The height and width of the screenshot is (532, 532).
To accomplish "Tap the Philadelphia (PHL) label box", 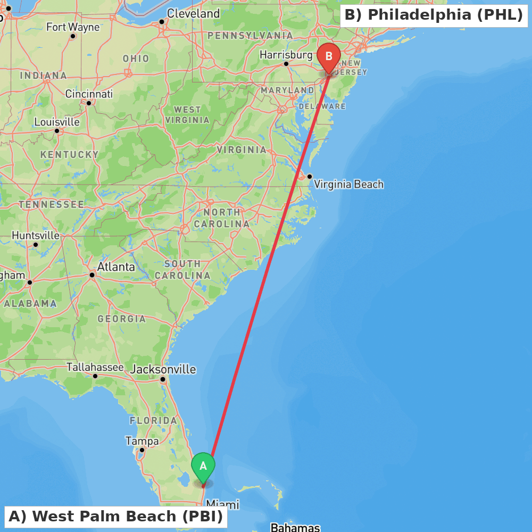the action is (434, 15).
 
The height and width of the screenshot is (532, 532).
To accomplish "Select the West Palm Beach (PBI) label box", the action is (115, 517).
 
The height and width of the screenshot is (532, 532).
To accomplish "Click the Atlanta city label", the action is (116, 267).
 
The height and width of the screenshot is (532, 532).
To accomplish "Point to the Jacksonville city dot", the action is (163, 379).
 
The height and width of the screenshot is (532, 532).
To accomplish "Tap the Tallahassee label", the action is (95, 367).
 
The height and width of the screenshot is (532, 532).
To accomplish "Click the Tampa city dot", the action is (142, 450).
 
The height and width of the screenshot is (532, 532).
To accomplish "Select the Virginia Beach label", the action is (348, 185).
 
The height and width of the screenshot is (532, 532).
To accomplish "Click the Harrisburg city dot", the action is (286, 64).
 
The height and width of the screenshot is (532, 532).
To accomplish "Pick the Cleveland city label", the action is (193, 14).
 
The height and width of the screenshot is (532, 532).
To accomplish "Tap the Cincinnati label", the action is (89, 94).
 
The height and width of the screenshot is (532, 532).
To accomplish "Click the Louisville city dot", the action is (57, 131).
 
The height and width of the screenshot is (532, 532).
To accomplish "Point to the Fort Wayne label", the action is (73, 27).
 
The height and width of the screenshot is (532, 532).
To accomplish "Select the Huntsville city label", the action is (36, 235).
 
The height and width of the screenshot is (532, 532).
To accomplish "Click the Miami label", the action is (222, 504).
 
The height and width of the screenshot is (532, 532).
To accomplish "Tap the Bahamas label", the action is (295, 527).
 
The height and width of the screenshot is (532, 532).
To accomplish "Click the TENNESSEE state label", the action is (51, 204).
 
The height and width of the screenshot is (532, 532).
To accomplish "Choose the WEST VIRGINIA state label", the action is (187, 115).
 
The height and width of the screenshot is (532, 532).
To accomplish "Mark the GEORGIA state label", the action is (122, 319).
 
